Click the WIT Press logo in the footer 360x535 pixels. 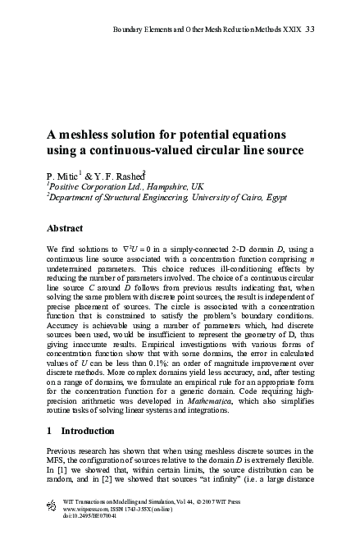[x=55, y=503]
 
